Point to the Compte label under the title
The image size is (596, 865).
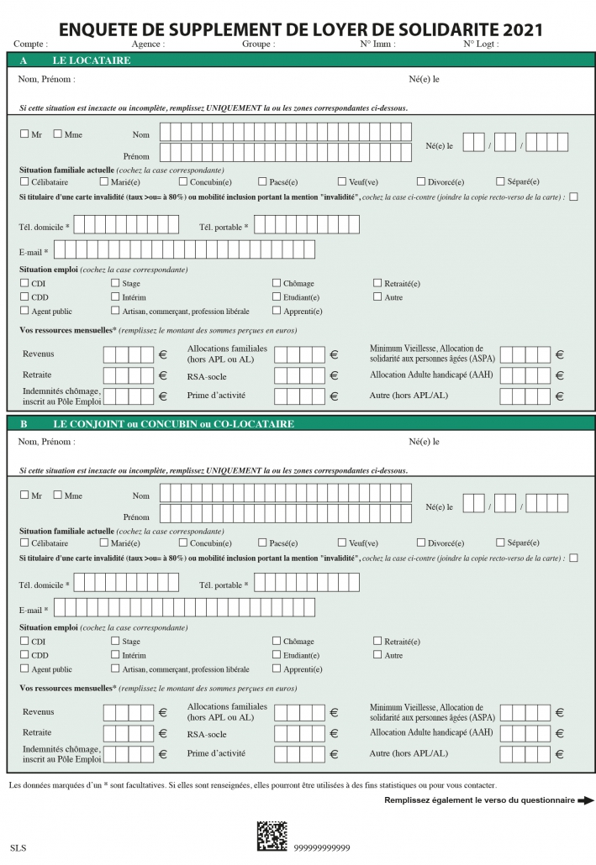click(30, 44)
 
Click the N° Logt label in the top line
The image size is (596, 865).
click(480, 44)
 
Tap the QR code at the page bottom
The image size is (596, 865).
click(272, 836)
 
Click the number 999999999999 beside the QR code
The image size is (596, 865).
click(322, 848)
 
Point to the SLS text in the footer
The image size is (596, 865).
click(18, 848)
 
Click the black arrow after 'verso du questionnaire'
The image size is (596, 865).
click(586, 800)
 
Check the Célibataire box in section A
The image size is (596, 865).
click(24, 181)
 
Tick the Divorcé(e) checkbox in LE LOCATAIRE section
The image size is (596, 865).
click(421, 181)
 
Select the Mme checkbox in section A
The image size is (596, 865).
click(57, 134)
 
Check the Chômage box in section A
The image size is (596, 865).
click(276, 284)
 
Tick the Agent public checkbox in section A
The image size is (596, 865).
click(24, 311)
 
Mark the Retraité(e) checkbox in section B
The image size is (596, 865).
click(377, 641)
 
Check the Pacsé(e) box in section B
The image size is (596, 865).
click(262, 543)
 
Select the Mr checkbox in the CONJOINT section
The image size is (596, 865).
click(24, 495)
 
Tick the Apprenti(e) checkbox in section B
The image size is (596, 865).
click(276, 668)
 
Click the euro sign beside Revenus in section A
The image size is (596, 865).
click(162, 354)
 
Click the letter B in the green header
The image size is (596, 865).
click(24, 424)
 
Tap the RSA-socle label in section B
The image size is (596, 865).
click(207, 734)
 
